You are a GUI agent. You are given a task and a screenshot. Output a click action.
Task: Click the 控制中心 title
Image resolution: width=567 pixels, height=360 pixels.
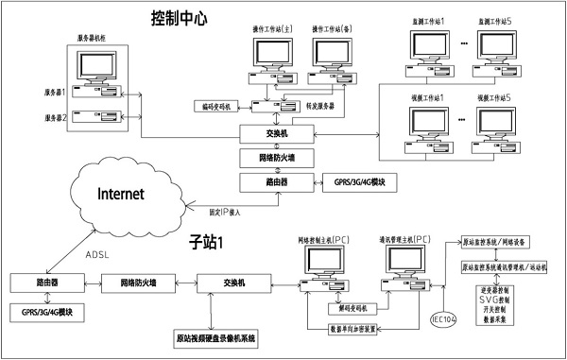click(x=192, y=19)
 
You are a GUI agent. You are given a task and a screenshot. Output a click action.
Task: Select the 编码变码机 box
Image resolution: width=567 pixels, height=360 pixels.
click(x=217, y=107)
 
